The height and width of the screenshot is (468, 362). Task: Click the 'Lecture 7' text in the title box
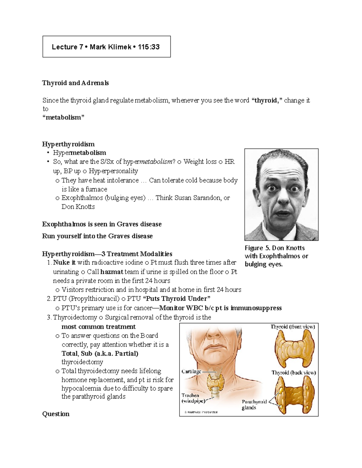67,47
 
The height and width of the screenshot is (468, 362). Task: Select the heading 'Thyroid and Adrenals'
75,83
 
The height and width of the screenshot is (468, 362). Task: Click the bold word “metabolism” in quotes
63,117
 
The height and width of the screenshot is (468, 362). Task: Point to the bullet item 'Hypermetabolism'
79,153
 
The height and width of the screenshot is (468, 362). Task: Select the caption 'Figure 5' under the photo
258,248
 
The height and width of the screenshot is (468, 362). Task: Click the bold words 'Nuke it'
64,262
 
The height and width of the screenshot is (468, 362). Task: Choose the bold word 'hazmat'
112,272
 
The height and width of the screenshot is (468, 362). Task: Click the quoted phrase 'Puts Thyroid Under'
176,299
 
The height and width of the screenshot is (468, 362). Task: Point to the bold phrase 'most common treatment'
99,327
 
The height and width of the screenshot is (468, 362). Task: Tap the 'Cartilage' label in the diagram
191,372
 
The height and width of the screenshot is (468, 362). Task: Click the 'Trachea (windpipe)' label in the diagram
193,398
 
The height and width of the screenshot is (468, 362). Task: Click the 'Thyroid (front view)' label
293,327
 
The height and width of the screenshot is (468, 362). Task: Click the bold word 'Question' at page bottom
56,414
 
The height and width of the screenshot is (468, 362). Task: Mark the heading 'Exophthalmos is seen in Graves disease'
102,224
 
